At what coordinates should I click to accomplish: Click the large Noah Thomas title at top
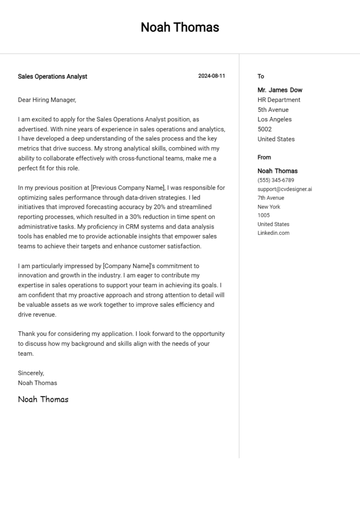180,27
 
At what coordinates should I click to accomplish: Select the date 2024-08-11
211,76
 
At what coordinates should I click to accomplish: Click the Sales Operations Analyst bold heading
52,76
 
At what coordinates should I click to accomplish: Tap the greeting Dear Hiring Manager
47,100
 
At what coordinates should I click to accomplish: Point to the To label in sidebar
261,76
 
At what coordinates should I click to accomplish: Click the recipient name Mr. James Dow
280,90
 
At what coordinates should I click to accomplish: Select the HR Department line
279,100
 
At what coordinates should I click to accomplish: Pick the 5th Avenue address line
273,110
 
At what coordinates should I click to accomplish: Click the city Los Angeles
274,119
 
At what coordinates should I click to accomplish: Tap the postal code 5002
264,129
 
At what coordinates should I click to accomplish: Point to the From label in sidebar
264,157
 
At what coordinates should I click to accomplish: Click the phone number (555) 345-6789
276,180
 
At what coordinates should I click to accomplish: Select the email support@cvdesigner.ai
285,189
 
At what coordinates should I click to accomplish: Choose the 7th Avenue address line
270,198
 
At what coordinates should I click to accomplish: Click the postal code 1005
263,215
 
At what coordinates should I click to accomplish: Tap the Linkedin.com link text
273,233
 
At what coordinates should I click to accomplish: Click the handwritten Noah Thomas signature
43,400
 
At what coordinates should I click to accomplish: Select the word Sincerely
31,373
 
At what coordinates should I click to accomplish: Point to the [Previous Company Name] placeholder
127,188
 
